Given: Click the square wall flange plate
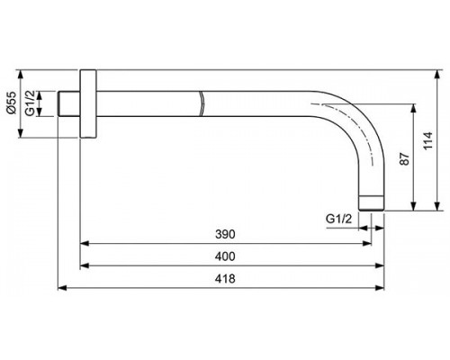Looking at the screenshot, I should pyautogui.click(x=87, y=103).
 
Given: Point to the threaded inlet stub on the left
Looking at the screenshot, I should pyautogui.click(x=68, y=103).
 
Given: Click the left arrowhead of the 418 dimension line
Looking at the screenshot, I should pyautogui.click(x=62, y=288).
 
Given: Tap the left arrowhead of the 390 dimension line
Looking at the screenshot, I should pyautogui.click(x=85, y=243).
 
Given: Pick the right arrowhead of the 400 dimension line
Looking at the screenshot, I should pyautogui.click(x=375, y=265).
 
